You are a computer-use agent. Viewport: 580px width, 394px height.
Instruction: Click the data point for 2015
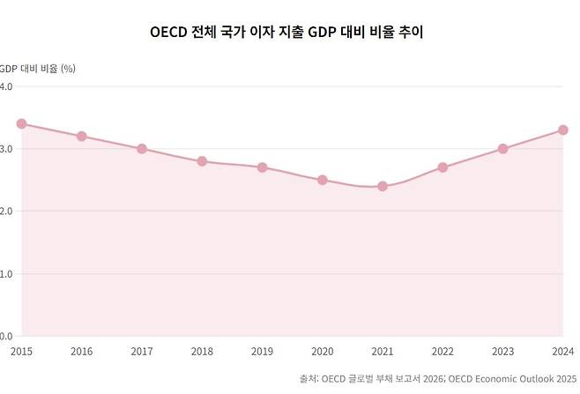coord(21,123)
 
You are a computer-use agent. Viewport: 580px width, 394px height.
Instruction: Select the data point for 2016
coord(81,136)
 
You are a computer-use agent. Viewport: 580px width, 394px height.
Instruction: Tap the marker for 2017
coord(142,149)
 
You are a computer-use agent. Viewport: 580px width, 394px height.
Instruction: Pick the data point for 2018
coord(202,161)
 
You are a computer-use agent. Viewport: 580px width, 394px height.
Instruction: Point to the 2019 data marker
coord(262,167)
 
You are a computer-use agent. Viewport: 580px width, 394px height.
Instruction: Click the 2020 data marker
coord(323,180)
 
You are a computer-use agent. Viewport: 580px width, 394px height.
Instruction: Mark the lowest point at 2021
coord(383,186)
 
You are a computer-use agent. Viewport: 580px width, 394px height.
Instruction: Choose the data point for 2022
coord(442,167)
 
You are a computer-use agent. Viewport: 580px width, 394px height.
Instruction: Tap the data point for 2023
coord(502,149)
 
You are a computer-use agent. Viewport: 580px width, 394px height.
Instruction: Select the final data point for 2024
coord(563,130)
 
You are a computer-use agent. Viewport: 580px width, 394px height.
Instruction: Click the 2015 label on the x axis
coord(21,351)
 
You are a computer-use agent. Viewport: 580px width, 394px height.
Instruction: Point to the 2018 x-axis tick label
coord(202,351)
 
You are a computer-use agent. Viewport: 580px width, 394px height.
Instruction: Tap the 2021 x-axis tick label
coord(383,351)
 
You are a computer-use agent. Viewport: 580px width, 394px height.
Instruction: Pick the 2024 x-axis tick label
coord(561,351)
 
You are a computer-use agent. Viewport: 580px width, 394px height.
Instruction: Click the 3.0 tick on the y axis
coord(5,149)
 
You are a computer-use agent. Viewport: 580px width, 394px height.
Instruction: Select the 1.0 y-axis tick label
coord(5,274)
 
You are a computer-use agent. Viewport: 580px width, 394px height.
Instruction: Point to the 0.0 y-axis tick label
coord(5,337)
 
